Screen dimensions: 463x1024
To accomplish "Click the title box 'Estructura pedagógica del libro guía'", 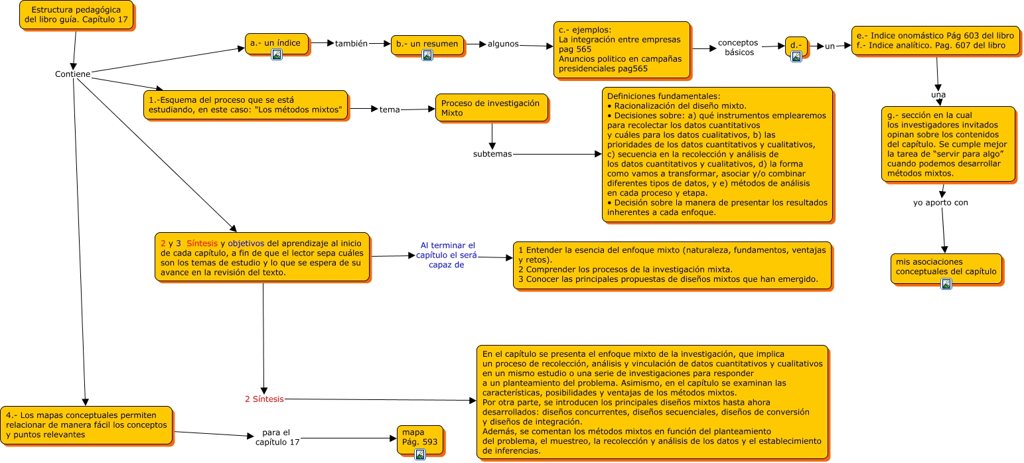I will tap(76, 15).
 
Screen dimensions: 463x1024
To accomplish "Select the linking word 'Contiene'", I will tap(72, 74).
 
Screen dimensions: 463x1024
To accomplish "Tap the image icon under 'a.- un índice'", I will tap(277, 55).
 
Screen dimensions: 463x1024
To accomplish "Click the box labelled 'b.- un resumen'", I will tap(427, 44).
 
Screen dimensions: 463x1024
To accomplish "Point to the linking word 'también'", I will tap(351, 43).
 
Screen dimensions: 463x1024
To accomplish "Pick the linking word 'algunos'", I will tap(503, 44).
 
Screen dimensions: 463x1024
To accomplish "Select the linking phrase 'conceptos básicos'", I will tap(737, 47).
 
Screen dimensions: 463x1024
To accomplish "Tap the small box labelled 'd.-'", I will tap(796, 45).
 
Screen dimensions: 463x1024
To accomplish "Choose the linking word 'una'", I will tap(938, 95).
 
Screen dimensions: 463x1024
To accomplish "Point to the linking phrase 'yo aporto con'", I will tap(940, 203).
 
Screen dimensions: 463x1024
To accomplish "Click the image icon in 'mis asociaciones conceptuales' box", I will tap(946, 284).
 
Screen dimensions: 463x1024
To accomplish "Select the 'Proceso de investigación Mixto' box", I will tap(491, 107).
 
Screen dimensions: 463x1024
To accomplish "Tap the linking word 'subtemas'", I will tap(492, 154).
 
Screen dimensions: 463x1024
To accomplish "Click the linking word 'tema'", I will tap(390, 109).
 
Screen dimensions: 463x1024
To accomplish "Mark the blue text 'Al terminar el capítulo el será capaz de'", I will tap(448, 255).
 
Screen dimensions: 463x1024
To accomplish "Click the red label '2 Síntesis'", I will tap(264, 399).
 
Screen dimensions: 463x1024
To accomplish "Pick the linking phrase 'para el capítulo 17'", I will tap(277, 437).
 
